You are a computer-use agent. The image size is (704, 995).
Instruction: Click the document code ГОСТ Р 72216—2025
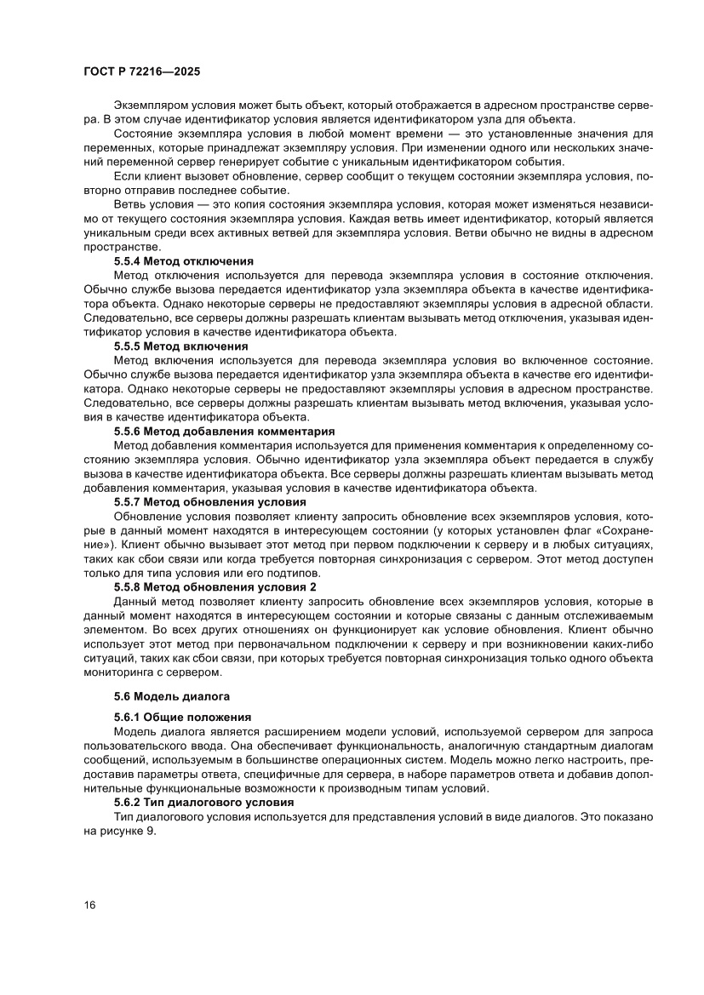(142, 73)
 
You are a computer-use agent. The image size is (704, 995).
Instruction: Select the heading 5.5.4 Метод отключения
(184, 261)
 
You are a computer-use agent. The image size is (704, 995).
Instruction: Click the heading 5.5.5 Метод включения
(181, 346)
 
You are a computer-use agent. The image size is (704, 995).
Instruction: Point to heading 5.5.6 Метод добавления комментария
(225, 432)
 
